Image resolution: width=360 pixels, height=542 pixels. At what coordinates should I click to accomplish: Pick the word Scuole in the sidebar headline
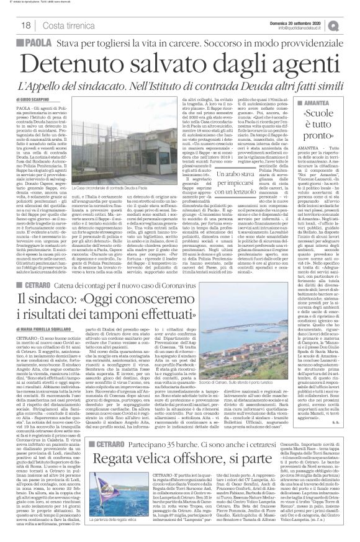tap(319, 114)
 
